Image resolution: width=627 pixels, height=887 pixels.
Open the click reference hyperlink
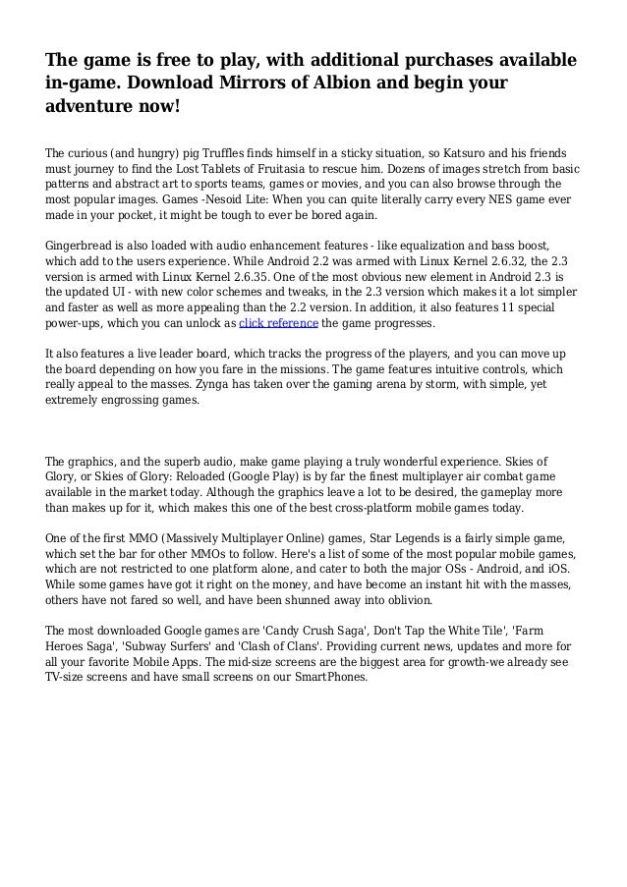(278, 322)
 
